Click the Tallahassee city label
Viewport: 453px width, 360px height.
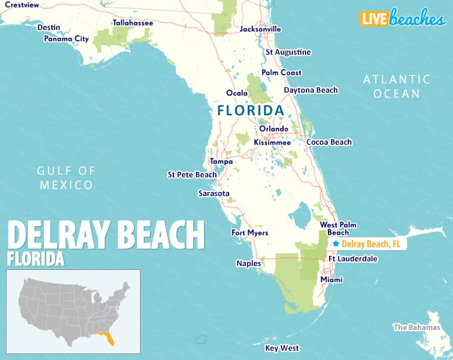tap(133, 23)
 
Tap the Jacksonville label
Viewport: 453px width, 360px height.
tap(260, 29)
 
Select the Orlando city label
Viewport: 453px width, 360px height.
tap(274, 129)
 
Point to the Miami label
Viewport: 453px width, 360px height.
tap(331, 280)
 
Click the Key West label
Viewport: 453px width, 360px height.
tap(282, 348)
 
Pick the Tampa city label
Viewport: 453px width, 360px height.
tap(221, 161)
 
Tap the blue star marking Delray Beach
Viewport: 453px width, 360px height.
tap(336, 244)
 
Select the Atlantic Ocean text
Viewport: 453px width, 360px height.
tap(396, 87)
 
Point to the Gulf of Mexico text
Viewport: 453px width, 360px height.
tap(65, 178)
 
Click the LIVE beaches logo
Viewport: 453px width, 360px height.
tap(402, 18)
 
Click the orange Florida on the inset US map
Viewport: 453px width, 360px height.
tap(106, 339)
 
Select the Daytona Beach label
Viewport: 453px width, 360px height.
tap(310, 90)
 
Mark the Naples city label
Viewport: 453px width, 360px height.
tap(248, 263)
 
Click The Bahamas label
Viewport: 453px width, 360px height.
tap(416, 327)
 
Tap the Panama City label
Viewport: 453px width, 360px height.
tap(66, 39)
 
